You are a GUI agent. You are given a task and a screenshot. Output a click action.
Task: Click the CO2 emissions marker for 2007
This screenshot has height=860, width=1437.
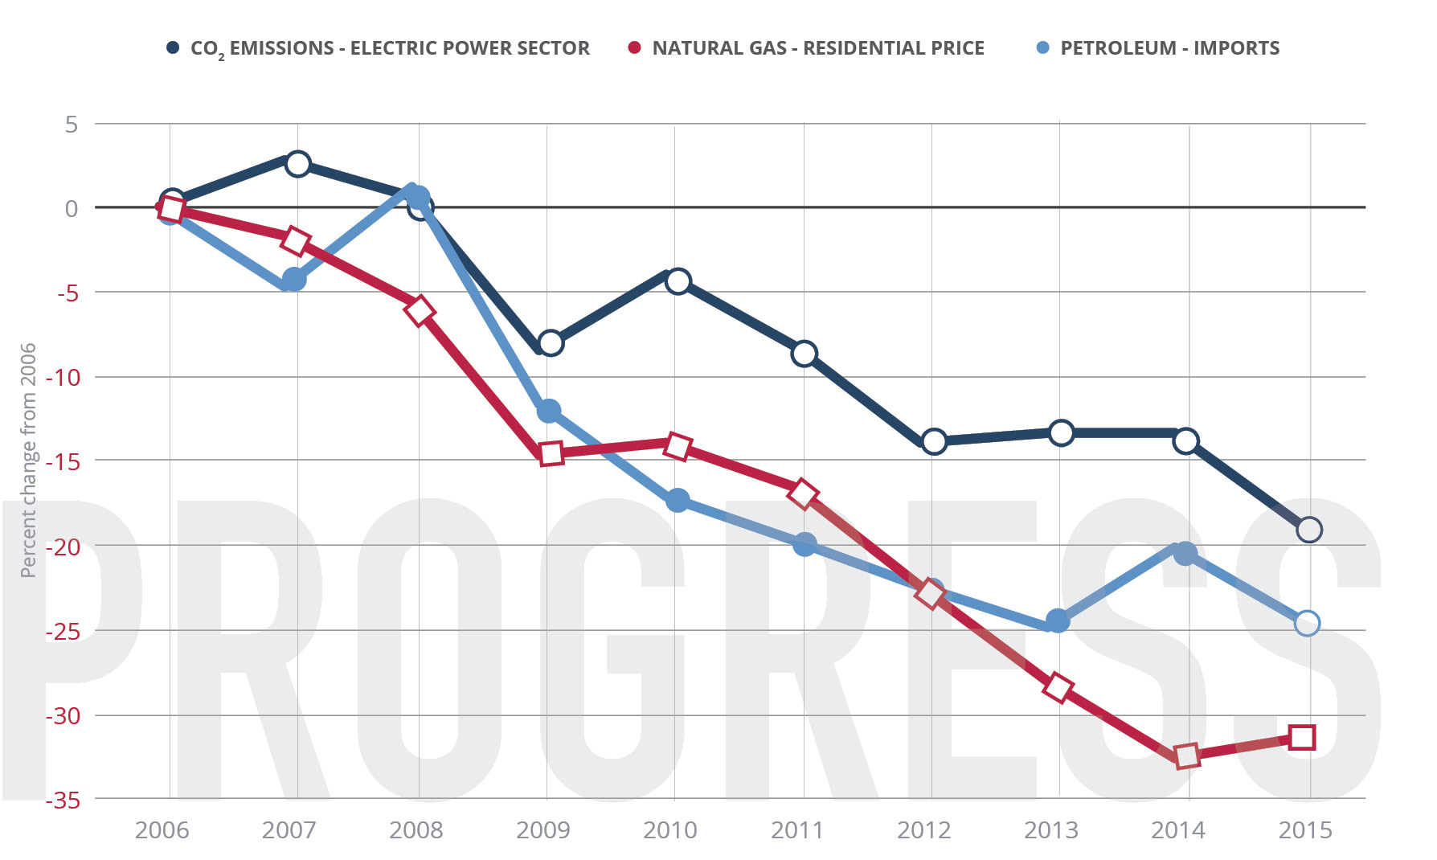point(298,164)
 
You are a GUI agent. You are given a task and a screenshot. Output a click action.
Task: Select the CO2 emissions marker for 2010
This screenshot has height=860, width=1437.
point(678,281)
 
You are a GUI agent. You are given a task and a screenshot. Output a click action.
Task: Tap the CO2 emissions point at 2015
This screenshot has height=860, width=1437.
point(1309,530)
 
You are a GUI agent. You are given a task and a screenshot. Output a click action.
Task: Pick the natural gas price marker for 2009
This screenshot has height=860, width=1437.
point(551,453)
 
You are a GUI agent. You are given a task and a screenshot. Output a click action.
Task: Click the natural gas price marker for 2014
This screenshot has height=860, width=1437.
point(1186,756)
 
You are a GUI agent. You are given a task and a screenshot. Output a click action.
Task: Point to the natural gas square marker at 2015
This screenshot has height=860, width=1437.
point(1302,737)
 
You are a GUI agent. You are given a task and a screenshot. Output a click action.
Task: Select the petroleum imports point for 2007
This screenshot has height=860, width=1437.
point(294,280)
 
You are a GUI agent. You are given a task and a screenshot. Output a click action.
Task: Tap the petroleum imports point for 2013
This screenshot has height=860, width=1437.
point(1058,621)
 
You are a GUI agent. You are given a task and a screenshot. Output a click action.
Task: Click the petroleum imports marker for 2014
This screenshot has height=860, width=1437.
point(1185,553)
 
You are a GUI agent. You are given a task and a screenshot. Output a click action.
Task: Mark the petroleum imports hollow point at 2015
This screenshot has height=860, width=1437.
point(1308,623)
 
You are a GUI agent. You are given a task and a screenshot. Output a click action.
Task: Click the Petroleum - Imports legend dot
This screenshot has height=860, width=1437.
point(1043,48)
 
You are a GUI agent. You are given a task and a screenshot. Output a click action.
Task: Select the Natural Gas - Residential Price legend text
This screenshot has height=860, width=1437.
point(818,48)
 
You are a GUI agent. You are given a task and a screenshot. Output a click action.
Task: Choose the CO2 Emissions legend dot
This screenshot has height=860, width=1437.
point(172,48)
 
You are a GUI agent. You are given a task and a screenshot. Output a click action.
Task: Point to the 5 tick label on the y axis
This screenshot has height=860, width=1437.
point(72,125)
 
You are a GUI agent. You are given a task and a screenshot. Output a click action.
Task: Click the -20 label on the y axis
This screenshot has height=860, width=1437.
point(63,547)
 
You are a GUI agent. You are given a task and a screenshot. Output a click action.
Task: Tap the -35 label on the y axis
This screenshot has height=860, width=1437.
point(63,801)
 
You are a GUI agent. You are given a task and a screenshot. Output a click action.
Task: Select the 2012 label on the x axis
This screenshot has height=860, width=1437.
point(924,830)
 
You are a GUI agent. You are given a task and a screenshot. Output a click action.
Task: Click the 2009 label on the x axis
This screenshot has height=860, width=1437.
point(543,830)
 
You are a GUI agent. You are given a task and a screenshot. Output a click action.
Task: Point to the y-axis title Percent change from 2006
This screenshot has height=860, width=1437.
point(28,460)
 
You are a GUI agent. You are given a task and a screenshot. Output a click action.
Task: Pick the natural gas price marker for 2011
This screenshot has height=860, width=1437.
point(803,493)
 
